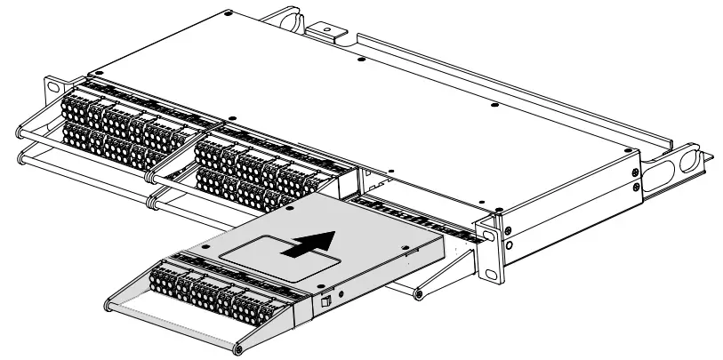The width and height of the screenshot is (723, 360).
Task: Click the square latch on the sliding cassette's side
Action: coord(326,302)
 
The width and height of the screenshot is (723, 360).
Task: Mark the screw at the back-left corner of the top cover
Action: coord(229,13)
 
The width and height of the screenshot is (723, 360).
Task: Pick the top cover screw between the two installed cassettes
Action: coord(230,117)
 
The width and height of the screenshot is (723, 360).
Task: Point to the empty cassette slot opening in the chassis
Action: coord(409,191)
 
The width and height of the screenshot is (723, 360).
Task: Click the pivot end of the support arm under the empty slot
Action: coord(417,292)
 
